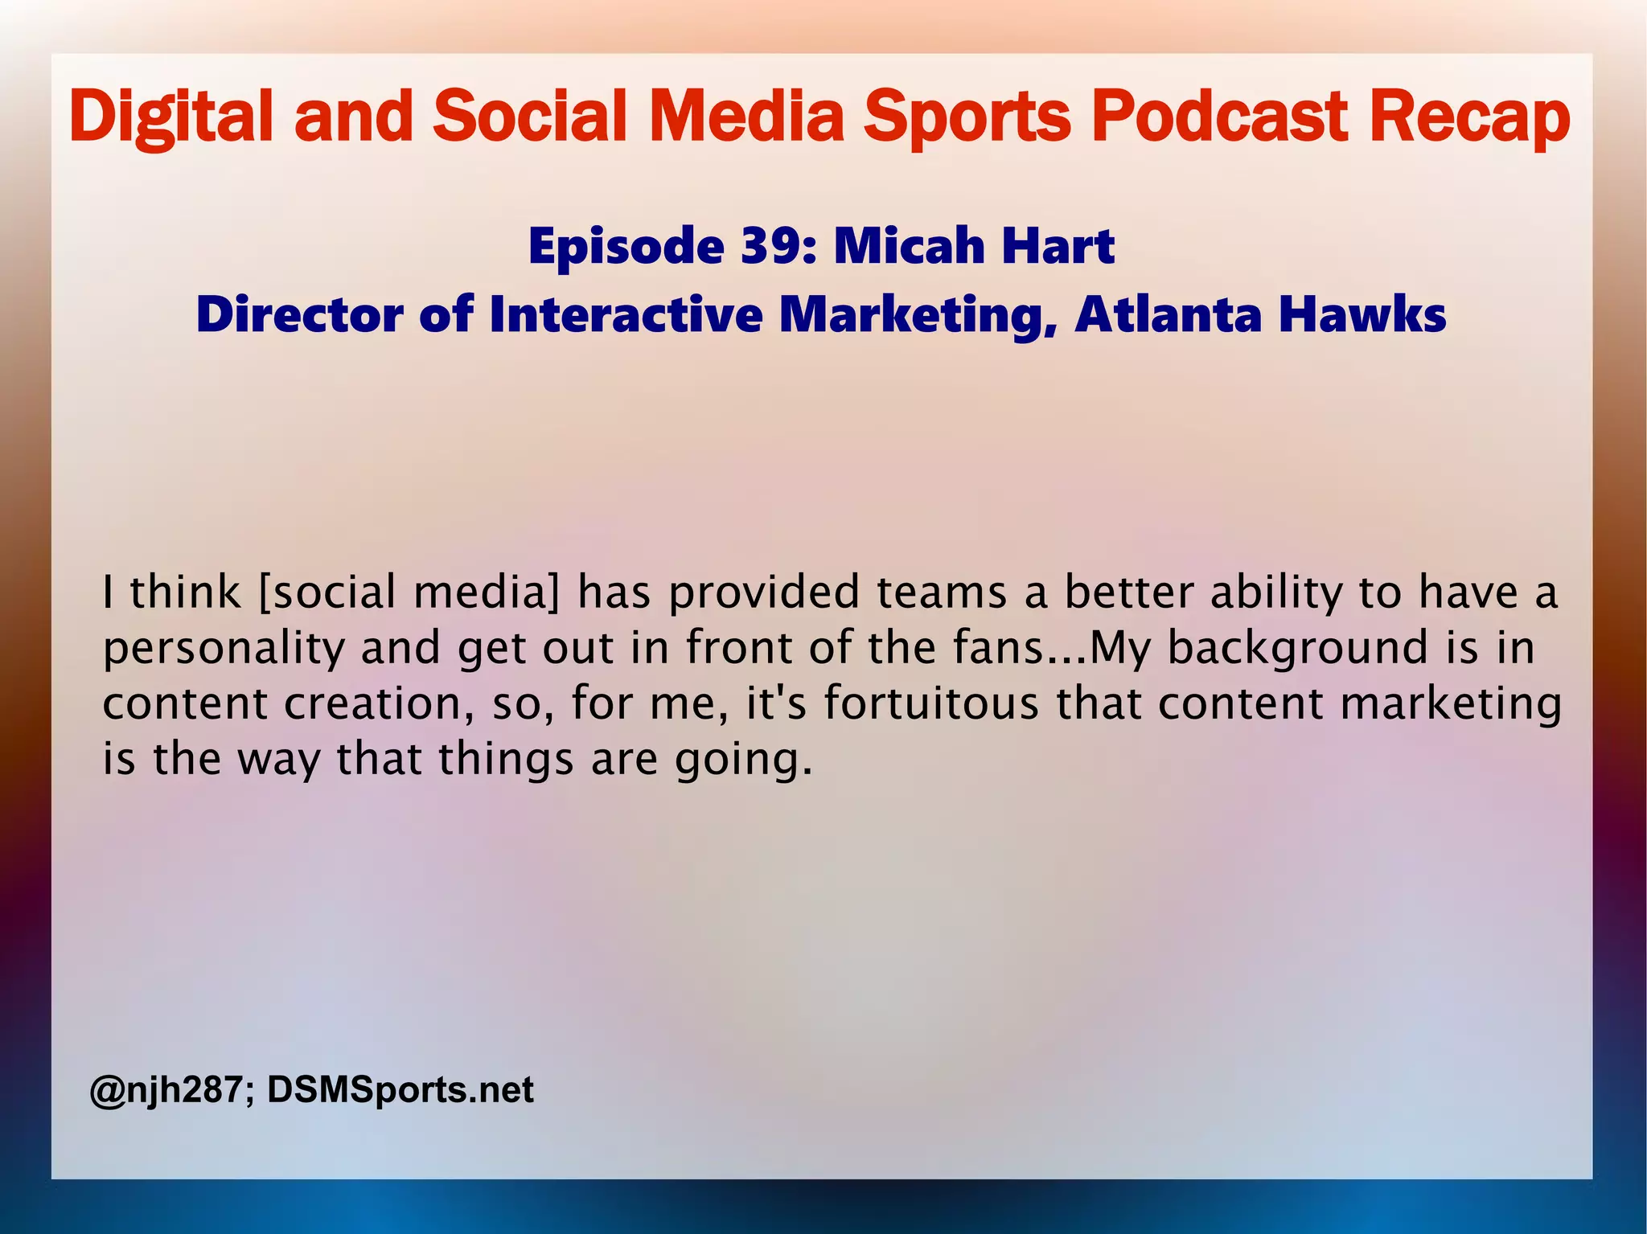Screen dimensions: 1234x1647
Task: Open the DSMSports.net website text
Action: [400, 1090]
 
